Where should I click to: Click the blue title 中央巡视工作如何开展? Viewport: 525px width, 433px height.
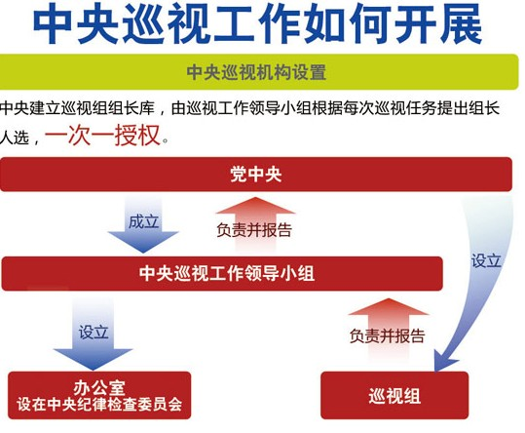tap(257, 23)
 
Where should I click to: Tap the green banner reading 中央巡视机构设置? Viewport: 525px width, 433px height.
tap(258, 72)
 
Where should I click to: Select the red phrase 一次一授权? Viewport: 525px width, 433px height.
tap(102, 136)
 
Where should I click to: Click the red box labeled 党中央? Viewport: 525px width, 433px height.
tap(256, 175)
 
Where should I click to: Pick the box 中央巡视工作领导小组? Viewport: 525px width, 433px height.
tap(222, 273)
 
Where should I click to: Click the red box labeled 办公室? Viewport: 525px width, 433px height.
tap(99, 396)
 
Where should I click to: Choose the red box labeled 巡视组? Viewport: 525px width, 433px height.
tap(394, 396)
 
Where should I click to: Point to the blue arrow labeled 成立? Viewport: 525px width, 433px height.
tap(143, 224)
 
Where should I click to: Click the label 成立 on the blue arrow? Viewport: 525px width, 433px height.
tap(143, 221)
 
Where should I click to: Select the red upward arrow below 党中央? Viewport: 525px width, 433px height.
tap(255, 224)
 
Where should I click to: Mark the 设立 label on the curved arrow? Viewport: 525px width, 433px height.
tap(486, 260)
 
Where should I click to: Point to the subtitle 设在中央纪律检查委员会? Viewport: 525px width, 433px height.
tap(99, 404)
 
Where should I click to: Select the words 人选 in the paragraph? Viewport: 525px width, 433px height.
tap(14, 138)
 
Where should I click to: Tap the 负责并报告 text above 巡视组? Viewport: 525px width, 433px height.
tap(387, 335)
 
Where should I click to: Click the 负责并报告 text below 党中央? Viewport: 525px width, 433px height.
tap(254, 230)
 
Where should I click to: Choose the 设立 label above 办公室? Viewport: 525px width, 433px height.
tap(94, 333)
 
